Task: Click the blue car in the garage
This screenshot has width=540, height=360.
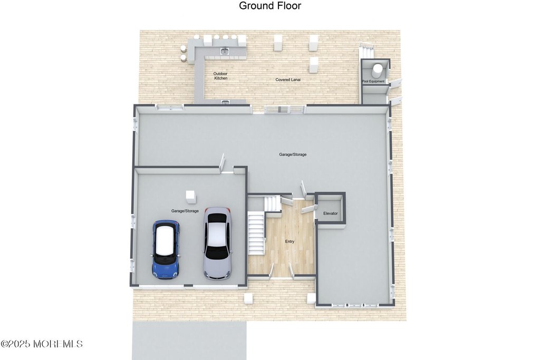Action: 166,249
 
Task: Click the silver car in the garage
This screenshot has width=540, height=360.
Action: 217,243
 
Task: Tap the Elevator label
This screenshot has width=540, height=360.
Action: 330,213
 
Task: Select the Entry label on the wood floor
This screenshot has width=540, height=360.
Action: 290,241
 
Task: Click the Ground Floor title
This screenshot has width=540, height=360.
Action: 270,6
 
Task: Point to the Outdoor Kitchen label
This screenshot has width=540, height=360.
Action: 220,76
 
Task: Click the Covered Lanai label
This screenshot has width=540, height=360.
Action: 287,80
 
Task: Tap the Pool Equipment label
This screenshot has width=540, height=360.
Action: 373,81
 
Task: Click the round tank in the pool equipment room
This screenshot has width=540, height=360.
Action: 378,69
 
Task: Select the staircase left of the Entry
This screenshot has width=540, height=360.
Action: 256,232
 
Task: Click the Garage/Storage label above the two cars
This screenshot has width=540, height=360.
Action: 185,211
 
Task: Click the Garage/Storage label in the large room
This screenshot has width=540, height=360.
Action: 293,154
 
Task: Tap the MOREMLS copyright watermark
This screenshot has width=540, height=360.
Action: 42,344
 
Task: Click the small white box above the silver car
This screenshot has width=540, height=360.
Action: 190,197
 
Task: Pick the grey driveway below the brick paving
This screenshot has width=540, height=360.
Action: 189,340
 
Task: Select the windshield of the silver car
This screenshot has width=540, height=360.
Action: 217,252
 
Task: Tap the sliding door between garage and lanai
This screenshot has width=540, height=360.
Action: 285,109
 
